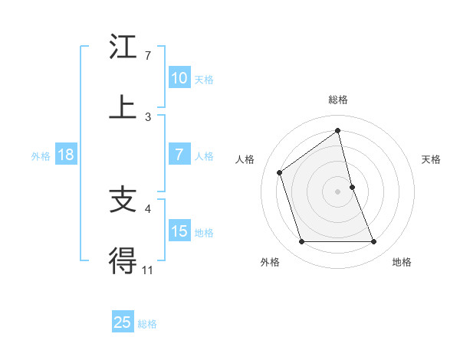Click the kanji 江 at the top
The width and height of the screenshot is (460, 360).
coord(123,47)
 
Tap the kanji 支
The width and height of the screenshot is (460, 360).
coord(123,200)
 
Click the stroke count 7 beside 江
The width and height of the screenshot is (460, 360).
coord(148,56)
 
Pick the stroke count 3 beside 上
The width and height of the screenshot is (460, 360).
coord(148,116)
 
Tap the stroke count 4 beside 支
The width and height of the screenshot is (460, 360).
coord(148,208)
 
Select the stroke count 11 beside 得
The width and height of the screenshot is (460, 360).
coord(148,269)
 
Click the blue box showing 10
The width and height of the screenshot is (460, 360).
coord(179,78)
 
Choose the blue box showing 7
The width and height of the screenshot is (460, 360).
coord(179,155)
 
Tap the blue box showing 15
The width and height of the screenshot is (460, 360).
coord(179,231)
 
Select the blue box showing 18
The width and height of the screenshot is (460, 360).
coord(66,155)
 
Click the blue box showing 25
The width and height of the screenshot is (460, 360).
coord(123,322)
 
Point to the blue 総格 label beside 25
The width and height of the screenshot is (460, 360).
coord(147,324)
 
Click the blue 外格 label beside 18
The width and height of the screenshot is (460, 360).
coord(41,156)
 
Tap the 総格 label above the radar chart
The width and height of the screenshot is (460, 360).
coord(338,100)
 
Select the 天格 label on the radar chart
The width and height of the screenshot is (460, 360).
coord(432,159)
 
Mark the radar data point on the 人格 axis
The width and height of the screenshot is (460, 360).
coord(280,172)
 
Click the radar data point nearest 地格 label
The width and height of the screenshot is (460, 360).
coord(374,242)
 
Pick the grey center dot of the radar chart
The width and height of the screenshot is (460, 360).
coord(338,191)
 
